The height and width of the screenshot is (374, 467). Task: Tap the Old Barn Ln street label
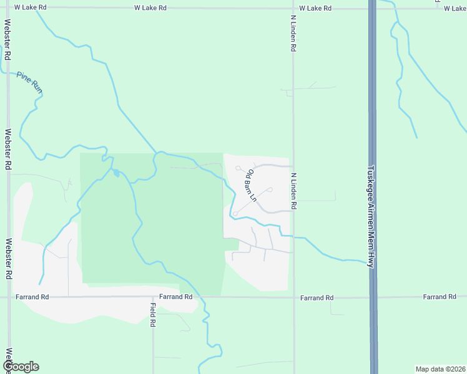(x=250, y=184)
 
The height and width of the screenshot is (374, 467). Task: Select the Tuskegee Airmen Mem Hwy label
(x=371, y=216)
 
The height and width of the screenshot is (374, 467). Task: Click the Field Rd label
(x=152, y=315)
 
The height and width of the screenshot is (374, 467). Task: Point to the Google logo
(x=20, y=367)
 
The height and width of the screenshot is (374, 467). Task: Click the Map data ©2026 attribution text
(x=440, y=368)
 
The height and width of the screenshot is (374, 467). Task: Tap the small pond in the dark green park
(x=116, y=173)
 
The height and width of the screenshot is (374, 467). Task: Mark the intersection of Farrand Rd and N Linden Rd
(x=294, y=297)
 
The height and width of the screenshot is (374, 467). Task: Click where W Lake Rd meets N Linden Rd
(x=293, y=9)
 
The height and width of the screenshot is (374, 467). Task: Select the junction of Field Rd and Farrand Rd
(x=153, y=297)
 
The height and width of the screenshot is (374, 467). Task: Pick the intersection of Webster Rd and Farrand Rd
(x=8, y=297)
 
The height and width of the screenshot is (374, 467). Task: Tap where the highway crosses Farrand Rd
(x=373, y=297)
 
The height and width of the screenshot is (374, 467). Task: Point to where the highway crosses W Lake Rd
(x=372, y=9)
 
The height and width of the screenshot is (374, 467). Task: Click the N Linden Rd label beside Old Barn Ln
(x=293, y=191)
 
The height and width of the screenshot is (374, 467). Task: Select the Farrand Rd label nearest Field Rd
(x=175, y=297)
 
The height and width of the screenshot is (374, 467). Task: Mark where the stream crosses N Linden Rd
(x=294, y=237)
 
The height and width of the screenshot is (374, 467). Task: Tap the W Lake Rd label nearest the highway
(x=315, y=8)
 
